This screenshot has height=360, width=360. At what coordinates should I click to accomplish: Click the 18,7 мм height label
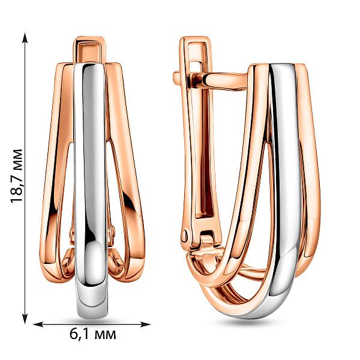pyautogui.click(x=17, y=176)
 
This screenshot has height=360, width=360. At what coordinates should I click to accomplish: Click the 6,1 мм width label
pyautogui.click(x=93, y=334)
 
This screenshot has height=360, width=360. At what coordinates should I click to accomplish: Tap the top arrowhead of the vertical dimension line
pyautogui.click(x=25, y=37)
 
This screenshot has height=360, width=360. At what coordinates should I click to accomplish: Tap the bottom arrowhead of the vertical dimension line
pyautogui.click(x=25, y=319)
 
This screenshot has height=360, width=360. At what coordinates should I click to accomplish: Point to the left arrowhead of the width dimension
pyautogui.click(x=38, y=325)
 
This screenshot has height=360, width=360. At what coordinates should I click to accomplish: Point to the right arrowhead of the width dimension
pyautogui.click(x=145, y=325)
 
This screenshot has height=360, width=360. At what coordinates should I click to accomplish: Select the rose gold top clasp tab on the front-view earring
pyautogui.click(x=89, y=49)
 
